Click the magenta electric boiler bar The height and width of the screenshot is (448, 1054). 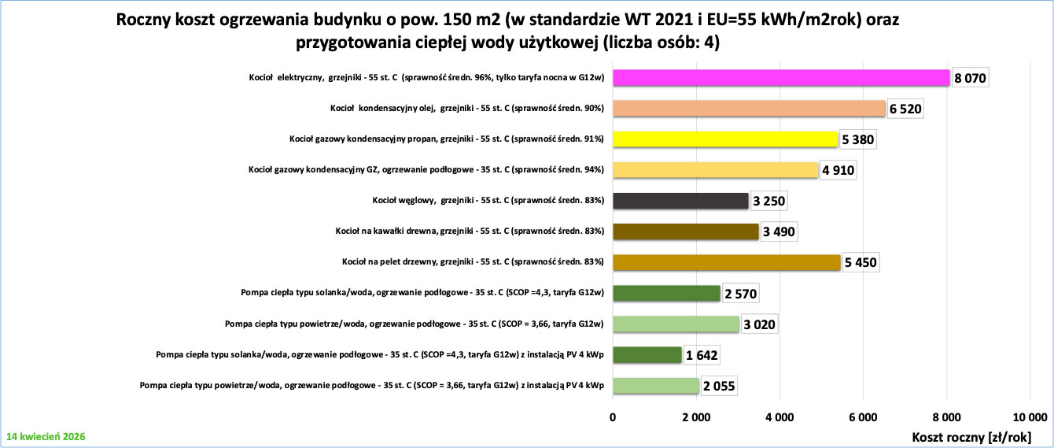pos(781,78)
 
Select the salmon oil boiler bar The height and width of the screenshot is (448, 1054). pos(749,109)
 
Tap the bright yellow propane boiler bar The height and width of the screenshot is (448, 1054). pos(724,139)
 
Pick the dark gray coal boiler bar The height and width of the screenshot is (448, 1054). pos(680,201)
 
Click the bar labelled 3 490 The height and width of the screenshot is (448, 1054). pos(685,231)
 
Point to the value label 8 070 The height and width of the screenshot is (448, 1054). pos(970,79)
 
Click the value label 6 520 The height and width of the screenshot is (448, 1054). pos(905,109)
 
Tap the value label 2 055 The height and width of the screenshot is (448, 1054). pos(719,386)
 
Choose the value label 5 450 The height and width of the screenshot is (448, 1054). pos(861,263)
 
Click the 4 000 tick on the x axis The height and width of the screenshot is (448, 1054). pos(779,417)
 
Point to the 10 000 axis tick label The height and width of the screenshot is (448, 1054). pos(1030,417)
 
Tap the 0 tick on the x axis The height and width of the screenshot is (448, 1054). pos(613,417)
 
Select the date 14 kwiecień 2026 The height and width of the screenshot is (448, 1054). pos(46,435)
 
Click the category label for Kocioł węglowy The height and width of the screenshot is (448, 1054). pos(488,201)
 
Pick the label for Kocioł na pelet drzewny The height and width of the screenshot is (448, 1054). pos(473,262)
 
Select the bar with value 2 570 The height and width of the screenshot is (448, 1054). pos(666,294)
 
